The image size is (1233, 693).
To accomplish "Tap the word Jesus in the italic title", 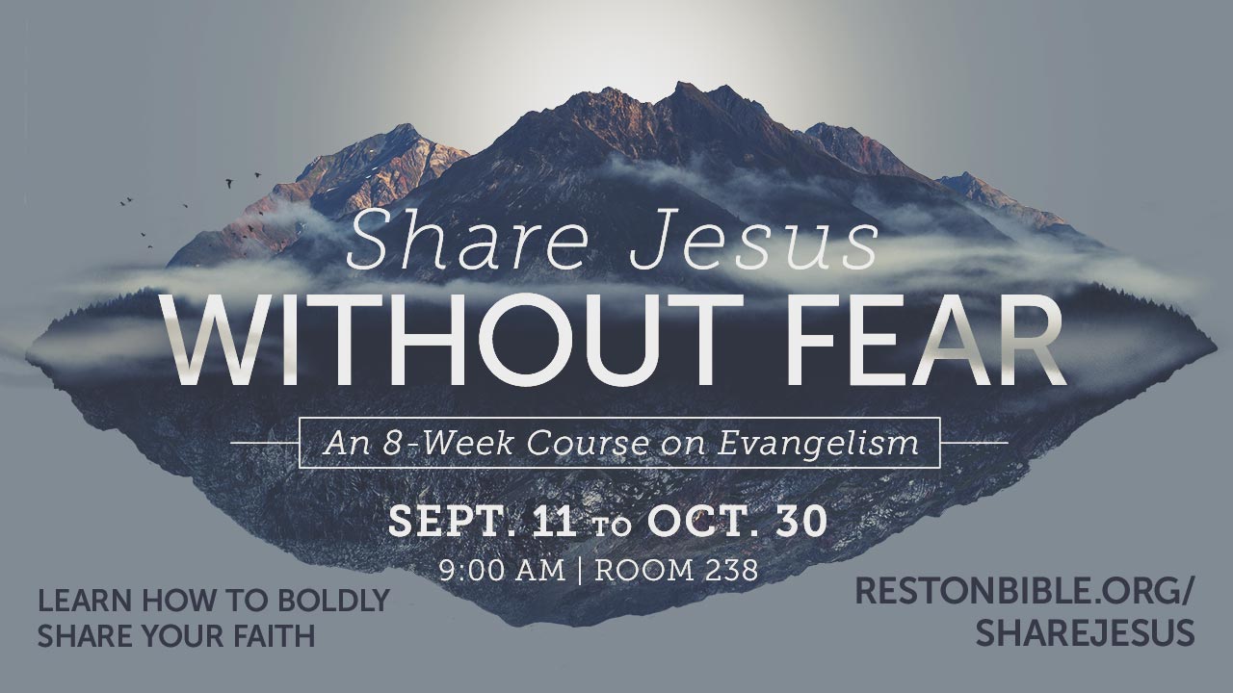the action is tap(754, 240).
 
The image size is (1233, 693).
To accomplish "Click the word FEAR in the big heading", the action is tap(926, 341).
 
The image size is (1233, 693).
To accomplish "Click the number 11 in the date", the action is tap(554, 522).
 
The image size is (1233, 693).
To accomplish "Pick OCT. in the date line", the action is tap(704, 522).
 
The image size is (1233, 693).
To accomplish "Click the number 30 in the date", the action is tap(801, 522).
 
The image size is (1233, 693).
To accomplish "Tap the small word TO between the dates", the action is tap(612, 526).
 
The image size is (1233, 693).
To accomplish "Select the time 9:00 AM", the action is tap(502, 571).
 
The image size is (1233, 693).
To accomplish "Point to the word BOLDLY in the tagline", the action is tap(333, 600).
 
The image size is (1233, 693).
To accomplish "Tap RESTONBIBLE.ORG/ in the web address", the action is tap(1024, 591).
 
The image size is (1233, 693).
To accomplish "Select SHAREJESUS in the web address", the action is tap(1086, 632).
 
